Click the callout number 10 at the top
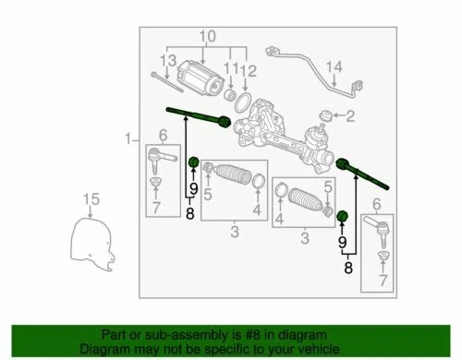(203, 37)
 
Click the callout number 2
(349, 116)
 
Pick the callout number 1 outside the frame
(127, 140)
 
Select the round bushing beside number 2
(326, 116)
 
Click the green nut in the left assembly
(193, 164)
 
